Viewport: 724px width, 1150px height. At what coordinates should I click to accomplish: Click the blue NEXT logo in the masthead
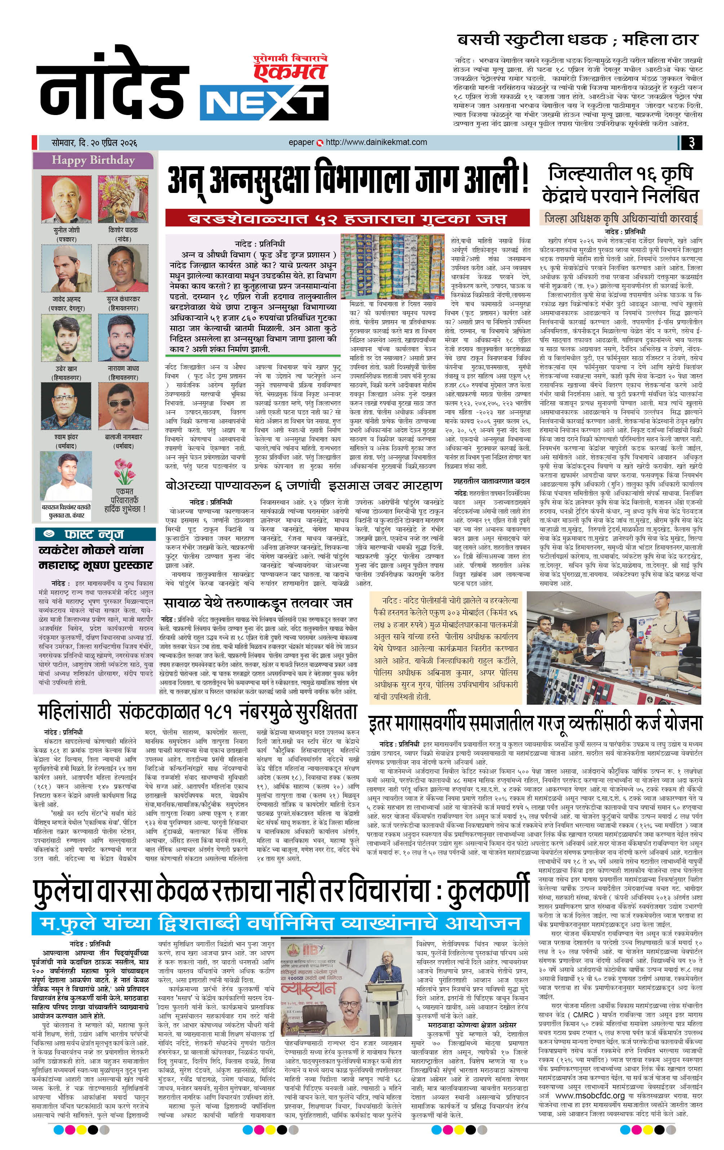coord(264,103)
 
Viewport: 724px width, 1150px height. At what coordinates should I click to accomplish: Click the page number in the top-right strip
coord(690,142)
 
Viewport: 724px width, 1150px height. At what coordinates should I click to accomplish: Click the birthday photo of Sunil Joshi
coord(66,199)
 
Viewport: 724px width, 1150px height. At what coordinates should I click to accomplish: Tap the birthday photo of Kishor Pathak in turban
coord(123,199)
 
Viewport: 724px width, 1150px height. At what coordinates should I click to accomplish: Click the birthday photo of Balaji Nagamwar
coord(123,406)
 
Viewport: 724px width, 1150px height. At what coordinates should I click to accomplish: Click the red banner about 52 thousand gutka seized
coord(347,218)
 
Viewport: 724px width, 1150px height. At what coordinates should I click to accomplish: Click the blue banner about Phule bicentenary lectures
coord(281,923)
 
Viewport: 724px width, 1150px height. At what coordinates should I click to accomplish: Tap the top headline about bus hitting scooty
coord(577,40)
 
